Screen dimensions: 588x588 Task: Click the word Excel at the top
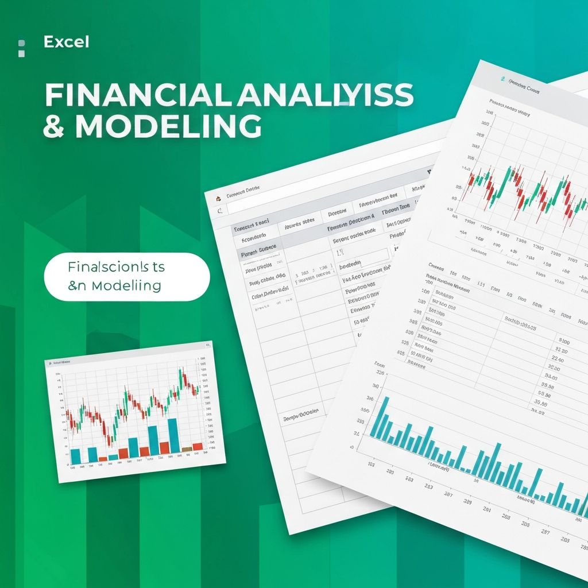click(x=66, y=42)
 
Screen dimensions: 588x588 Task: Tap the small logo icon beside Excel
click(x=22, y=48)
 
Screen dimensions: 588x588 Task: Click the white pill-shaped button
click(x=127, y=277)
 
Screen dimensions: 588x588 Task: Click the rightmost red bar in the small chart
click(x=198, y=446)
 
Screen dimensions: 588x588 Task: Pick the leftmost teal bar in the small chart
click(x=75, y=457)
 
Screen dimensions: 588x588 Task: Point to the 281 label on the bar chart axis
click(x=487, y=509)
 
